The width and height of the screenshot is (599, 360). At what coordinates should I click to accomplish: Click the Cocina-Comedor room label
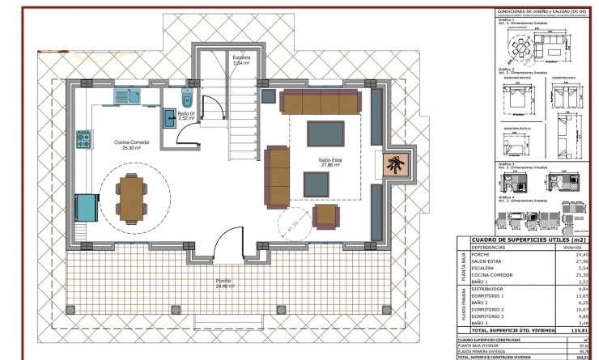121,144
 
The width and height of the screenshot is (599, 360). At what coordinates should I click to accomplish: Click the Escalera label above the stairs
241,59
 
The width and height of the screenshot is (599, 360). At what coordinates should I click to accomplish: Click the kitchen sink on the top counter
123,97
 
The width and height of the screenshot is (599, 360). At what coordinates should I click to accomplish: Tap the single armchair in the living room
326,215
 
